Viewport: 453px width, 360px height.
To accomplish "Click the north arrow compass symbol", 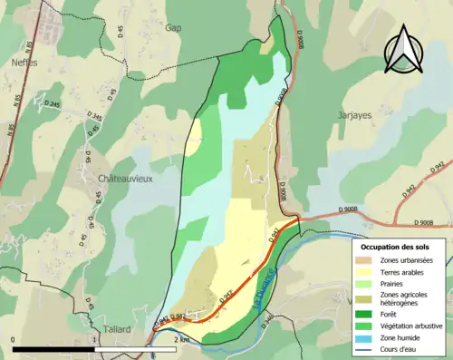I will (405, 50).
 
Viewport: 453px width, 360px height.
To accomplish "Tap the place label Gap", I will (173, 28).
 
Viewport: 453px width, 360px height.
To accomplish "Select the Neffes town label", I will (24, 64).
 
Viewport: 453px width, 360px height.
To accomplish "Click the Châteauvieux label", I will (125, 180).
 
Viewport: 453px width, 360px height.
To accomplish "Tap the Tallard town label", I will (116, 329).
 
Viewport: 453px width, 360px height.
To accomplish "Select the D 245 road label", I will (48, 106).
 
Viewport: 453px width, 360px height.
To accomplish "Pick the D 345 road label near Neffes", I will (95, 118).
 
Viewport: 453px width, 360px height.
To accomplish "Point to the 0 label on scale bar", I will (14, 339).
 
